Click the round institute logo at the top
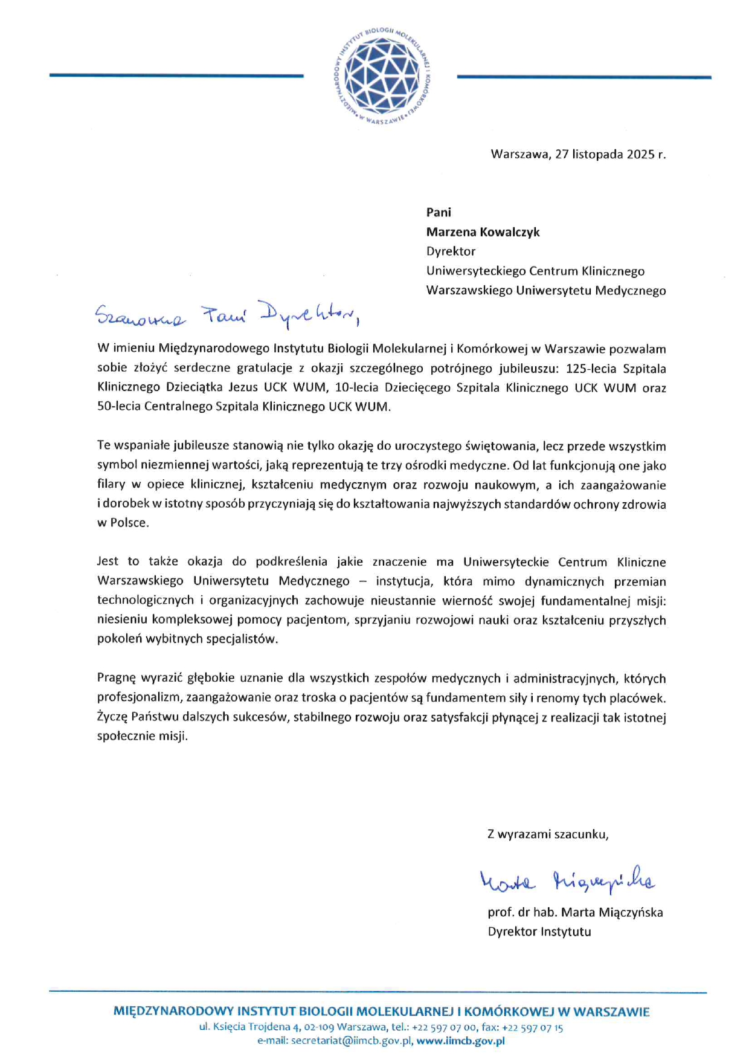[x=382, y=76]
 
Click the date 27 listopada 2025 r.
[x=610, y=154]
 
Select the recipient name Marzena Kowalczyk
[x=483, y=232]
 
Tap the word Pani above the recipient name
[x=439, y=212]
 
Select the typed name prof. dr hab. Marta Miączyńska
[x=575, y=913]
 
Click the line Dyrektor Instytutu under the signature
[x=539, y=932]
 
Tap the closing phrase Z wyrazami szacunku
[x=548, y=835]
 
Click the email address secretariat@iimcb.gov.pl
[x=352, y=1041]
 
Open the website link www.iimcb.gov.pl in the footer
[x=460, y=1041]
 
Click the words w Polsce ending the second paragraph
[x=123, y=523]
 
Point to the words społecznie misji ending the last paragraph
[x=142, y=737]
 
